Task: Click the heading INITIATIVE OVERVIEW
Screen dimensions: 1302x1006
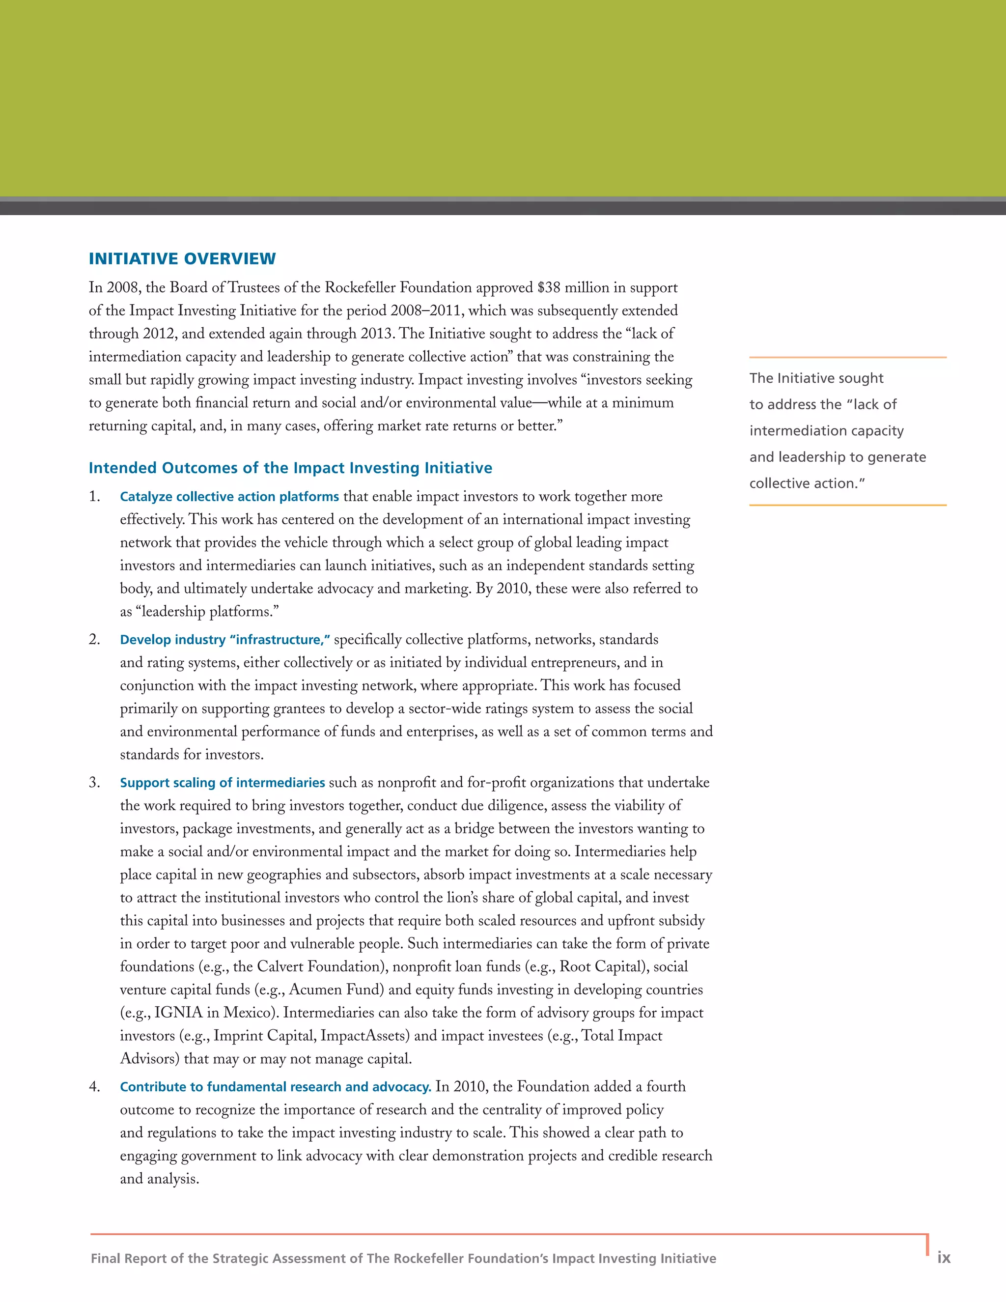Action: click(182, 259)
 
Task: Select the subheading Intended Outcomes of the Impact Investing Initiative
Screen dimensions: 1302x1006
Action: click(290, 468)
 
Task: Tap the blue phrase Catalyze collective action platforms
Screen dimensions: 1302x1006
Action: click(229, 497)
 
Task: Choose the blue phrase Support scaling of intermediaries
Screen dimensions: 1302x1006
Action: click(223, 783)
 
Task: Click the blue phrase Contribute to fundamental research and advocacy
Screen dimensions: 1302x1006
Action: click(276, 1087)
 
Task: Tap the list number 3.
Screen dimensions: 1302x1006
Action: click(94, 783)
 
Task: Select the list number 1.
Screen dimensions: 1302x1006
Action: click(94, 497)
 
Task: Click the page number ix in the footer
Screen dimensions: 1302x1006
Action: click(944, 1257)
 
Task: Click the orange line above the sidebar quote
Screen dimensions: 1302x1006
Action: click(847, 357)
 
